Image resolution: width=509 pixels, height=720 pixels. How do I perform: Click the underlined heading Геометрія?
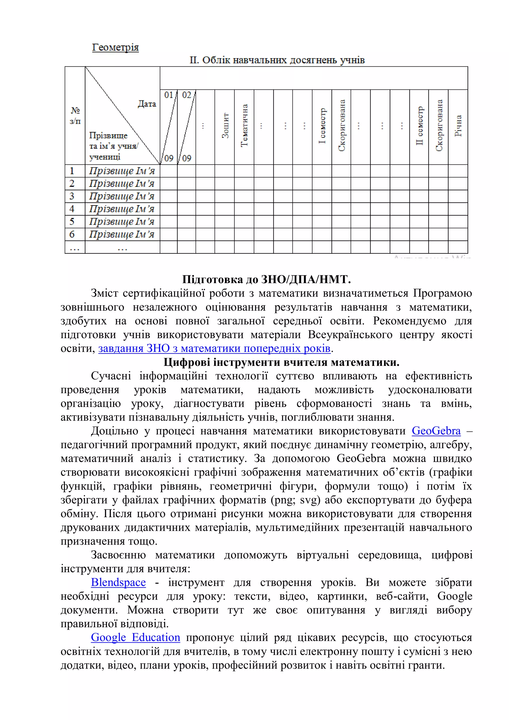click(115, 47)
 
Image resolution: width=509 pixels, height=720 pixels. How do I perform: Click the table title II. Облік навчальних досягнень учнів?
click(277, 60)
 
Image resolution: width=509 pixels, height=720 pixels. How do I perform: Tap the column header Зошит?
click(225, 126)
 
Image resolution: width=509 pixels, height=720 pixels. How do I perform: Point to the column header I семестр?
click(322, 126)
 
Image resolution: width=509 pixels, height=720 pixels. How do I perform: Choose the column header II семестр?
click(419, 126)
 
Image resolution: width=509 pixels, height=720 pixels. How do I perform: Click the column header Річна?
click(458, 126)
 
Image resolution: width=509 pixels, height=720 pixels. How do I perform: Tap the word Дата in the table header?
click(147, 104)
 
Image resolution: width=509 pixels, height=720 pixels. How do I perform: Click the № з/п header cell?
click(75, 115)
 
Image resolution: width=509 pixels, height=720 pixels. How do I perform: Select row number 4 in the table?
click(72, 209)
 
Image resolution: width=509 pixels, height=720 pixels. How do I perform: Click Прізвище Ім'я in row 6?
click(122, 234)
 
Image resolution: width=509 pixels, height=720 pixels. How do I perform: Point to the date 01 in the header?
click(169, 95)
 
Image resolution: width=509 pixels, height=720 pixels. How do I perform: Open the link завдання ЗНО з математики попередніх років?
click(214, 348)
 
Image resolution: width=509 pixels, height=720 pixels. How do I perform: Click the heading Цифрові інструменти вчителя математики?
click(281, 362)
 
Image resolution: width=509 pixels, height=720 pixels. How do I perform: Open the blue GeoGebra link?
click(436, 431)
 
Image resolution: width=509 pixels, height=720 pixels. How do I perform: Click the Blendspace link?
click(118, 582)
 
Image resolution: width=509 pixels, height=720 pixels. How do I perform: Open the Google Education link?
click(135, 637)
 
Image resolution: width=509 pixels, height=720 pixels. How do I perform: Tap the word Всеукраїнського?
click(350, 335)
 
